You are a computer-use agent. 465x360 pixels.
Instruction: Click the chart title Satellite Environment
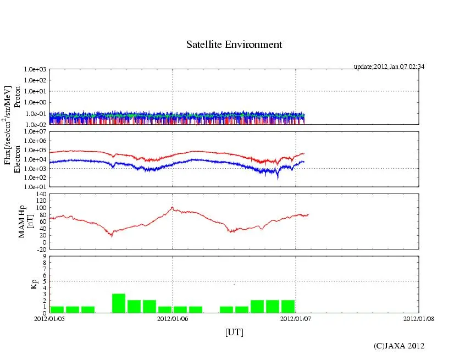pyautogui.click(x=234, y=45)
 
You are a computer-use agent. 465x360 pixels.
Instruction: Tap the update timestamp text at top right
pyautogui.click(x=389, y=67)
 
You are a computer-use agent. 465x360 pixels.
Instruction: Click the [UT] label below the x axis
pyautogui.click(x=234, y=332)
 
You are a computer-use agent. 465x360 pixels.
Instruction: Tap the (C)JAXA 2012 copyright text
pyautogui.click(x=399, y=346)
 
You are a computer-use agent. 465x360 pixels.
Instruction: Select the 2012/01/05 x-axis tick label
pyautogui.click(x=49, y=318)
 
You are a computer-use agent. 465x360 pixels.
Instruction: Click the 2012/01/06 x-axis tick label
pyautogui.click(x=173, y=318)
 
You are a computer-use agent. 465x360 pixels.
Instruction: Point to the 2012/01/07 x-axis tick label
pyautogui.click(x=296, y=318)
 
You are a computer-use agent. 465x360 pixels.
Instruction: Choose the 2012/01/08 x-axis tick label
pyautogui.click(x=419, y=318)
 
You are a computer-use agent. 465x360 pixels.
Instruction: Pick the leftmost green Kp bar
pyautogui.click(x=57, y=309)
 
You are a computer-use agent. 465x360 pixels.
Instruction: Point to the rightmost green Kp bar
pyautogui.click(x=288, y=307)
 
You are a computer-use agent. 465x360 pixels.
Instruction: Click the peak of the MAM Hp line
pyautogui.click(x=172, y=207)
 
